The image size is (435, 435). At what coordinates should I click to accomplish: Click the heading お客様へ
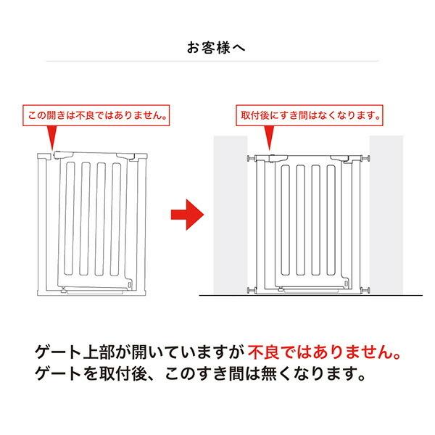[x=216, y=48]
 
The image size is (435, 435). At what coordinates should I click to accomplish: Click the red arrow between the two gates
[x=187, y=215]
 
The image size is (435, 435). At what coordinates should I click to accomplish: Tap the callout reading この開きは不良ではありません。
[x=96, y=115]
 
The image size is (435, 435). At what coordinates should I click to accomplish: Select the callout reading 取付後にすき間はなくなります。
[x=310, y=115]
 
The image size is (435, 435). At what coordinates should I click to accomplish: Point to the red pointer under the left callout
[x=52, y=138]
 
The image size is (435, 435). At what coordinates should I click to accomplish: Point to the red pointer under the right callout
[x=269, y=138]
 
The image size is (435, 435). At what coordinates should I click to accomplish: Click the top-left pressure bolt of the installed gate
[x=251, y=158]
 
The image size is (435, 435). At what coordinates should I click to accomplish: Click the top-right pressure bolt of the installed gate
[x=366, y=158]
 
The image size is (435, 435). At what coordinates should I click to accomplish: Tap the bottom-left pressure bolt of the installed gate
[x=251, y=291]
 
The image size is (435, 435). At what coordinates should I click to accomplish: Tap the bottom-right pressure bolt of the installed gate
[x=366, y=291]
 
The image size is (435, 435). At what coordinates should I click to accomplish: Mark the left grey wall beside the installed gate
[x=231, y=215]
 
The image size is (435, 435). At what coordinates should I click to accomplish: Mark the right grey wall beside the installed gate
[x=386, y=215]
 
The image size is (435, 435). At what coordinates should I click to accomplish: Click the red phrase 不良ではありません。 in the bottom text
[x=324, y=352]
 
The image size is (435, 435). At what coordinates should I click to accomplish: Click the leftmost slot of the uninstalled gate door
[x=70, y=219]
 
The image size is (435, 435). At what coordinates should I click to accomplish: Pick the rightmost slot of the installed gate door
[x=331, y=220]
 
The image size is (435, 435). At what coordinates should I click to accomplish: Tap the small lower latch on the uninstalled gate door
[x=130, y=286]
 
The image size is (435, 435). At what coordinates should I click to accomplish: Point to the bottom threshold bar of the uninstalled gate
[x=95, y=292]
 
